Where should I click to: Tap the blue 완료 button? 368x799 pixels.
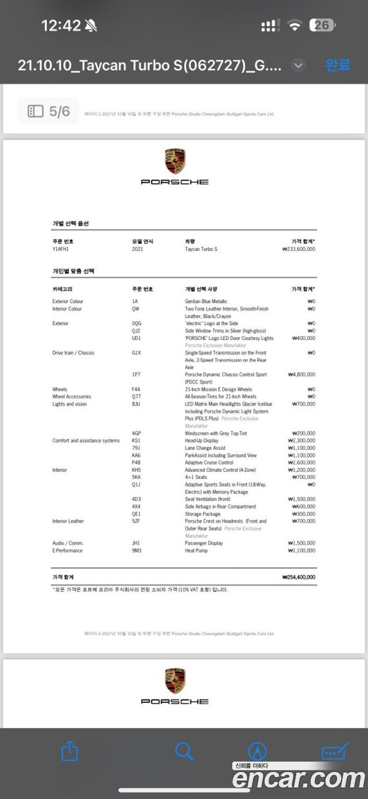coord(338,65)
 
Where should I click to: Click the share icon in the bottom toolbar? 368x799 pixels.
coord(69,751)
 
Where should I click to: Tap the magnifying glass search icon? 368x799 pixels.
coord(184,751)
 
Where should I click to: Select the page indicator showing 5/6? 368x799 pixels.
coord(48,111)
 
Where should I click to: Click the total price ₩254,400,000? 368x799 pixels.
coord(298,577)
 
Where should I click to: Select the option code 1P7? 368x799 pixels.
coord(136,374)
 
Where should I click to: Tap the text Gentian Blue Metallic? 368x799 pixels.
coord(206,301)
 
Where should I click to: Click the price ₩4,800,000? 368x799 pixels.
coord(301,374)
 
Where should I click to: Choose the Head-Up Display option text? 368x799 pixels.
coord(201,441)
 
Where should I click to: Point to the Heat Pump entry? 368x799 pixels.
coord(197,550)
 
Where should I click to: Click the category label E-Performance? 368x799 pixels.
coord(67,550)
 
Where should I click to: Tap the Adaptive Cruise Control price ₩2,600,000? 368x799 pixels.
coord(301,462)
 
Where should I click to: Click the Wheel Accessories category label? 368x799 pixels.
coord(71,396)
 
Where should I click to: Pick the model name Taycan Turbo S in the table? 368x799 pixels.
coord(201,249)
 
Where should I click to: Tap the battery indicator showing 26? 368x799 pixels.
coord(323,25)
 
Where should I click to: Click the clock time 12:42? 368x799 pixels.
coord(61,25)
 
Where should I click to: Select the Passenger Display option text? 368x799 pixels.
coord(204,543)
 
